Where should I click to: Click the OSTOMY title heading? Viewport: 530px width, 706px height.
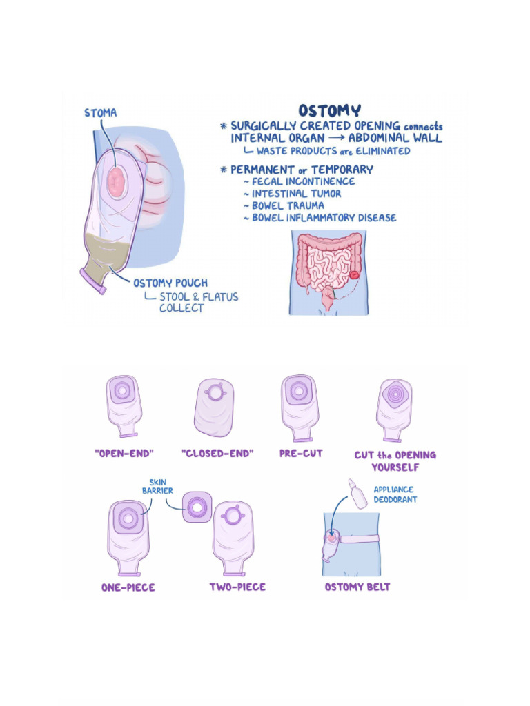[x=329, y=111]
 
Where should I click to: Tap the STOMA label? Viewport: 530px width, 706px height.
[x=101, y=112]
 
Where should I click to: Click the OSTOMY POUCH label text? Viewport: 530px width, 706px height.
[x=170, y=283]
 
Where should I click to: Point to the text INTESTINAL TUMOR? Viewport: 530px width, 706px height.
[x=297, y=194]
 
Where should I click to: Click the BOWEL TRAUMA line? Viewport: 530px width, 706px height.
[x=288, y=205]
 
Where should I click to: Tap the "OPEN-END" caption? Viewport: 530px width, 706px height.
[x=124, y=454]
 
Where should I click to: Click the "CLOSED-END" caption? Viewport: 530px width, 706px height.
[x=217, y=454]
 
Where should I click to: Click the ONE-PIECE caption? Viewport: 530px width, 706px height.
[x=128, y=587]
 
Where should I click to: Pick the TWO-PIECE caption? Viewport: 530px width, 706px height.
[x=237, y=587]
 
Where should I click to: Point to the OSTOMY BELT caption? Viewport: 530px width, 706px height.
[x=357, y=587]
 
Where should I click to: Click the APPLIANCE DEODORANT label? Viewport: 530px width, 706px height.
[x=395, y=494]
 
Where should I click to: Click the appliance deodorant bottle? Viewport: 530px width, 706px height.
[x=357, y=493]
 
